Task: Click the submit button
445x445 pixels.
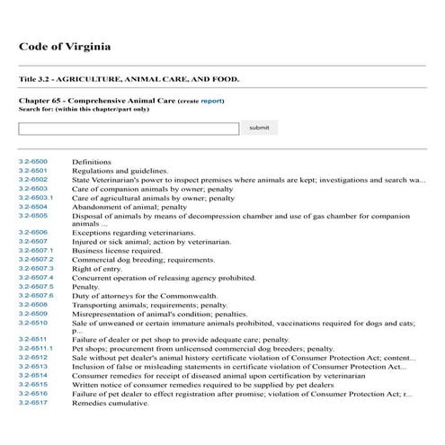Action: [x=259, y=128]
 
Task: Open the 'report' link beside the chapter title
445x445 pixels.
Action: [x=211, y=102]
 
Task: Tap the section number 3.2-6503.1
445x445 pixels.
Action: [x=36, y=197]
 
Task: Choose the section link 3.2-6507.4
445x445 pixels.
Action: [x=36, y=278]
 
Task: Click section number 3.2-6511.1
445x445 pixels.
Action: [x=36, y=348]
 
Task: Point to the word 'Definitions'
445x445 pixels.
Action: [x=92, y=162]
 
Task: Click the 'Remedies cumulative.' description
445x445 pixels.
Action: [x=110, y=403]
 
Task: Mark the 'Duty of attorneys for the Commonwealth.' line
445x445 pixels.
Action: [x=144, y=296]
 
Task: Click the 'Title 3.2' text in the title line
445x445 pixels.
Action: [x=36, y=79]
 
